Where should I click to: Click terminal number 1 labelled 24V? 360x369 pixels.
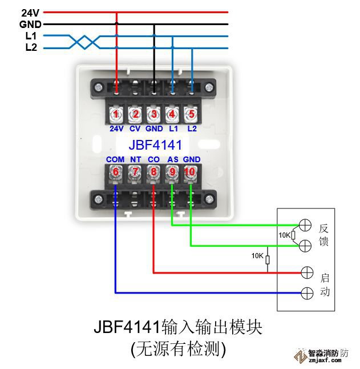[116, 114]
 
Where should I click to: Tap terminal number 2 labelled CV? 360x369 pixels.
[135, 114]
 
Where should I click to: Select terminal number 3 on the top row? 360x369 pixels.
[153, 114]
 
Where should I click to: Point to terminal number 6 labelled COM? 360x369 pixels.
[115, 171]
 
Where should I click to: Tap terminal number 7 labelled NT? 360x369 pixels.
[135, 171]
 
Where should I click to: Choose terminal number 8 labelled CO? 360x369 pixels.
[153, 171]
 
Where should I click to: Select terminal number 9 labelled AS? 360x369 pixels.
[172, 171]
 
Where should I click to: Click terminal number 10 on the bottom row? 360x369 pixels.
[190, 171]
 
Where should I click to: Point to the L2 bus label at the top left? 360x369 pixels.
[31, 47]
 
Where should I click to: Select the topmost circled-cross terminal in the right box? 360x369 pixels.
[306, 224]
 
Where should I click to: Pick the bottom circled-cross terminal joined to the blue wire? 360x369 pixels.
[306, 293]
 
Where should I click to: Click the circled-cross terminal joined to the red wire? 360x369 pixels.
[306, 272]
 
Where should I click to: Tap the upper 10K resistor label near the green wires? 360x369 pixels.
[284, 235]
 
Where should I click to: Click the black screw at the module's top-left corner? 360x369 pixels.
[99, 87]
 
